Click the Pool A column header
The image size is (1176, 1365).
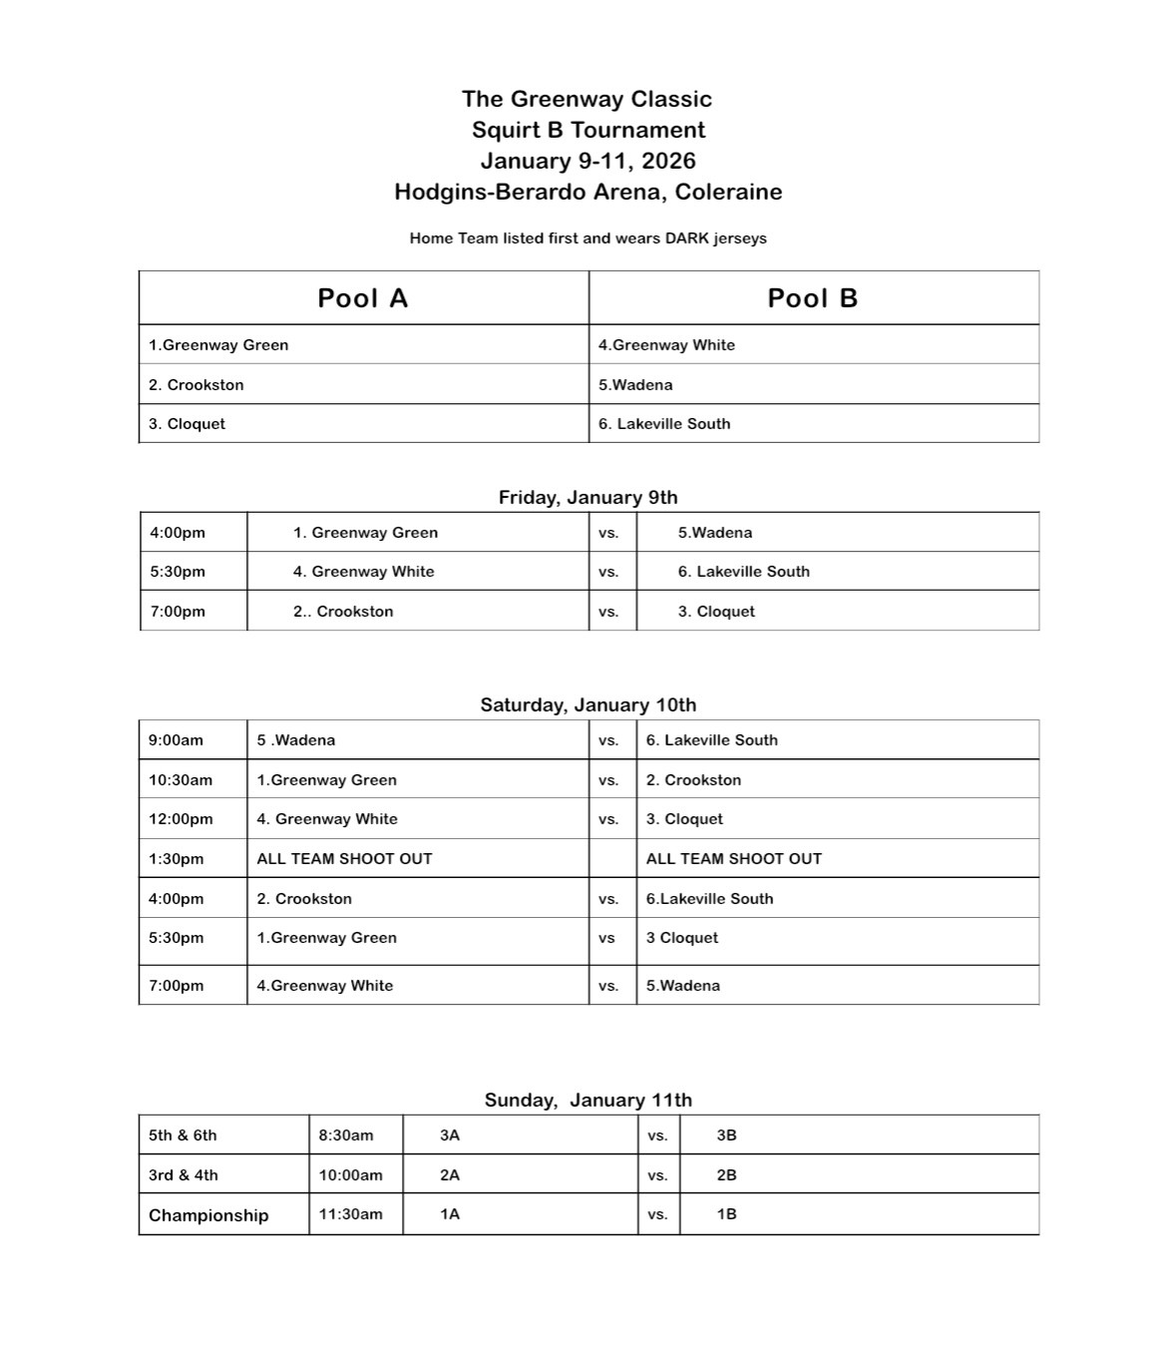click(x=362, y=298)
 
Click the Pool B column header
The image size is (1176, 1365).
click(x=812, y=298)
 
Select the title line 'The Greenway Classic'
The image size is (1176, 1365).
click(x=587, y=99)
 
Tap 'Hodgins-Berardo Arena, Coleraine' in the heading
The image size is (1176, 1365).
click(x=588, y=192)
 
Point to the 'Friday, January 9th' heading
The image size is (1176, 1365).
click(x=588, y=497)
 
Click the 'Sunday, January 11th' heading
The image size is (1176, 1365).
click(x=588, y=1100)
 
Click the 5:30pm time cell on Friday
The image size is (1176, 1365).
click(x=178, y=572)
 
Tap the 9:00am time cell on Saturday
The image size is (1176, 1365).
click(x=176, y=740)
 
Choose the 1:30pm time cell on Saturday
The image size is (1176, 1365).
click(x=176, y=859)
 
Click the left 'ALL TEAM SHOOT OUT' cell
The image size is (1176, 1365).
click(x=344, y=859)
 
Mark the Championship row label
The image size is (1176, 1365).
click(x=208, y=1215)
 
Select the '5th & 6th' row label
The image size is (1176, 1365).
click(x=183, y=1136)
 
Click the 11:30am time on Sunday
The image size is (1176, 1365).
click(x=350, y=1214)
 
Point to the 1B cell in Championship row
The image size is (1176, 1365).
click(x=726, y=1214)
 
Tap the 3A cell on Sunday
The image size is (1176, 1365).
click(x=450, y=1136)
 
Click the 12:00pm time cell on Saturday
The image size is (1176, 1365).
click(x=181, y=819)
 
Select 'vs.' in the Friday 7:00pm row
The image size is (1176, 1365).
click(x=608, y=612)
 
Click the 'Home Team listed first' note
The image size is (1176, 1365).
click(x=588, y=238)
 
